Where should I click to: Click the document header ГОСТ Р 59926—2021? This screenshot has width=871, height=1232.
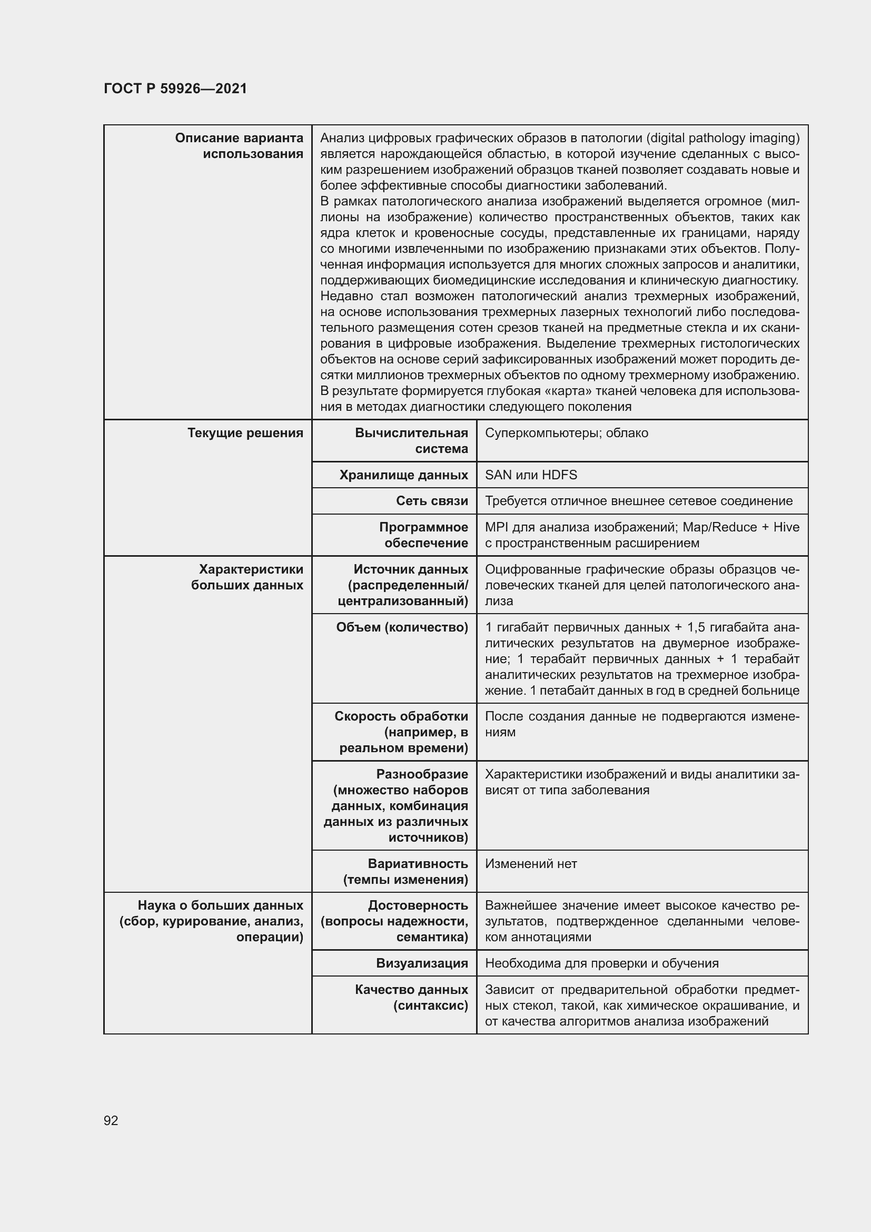tap(175, 88)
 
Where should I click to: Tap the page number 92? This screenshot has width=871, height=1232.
tap(111, 1120)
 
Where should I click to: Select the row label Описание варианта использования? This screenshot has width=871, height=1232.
tap(239, 146)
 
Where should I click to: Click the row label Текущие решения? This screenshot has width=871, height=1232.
tap(245, 433)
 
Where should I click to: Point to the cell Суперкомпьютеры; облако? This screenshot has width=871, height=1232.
tap(567, 433)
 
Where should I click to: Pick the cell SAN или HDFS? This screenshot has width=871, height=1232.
tap(531, 475)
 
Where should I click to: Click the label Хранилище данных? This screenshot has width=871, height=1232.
tap(403, 475)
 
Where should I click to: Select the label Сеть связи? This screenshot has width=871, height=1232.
tap(432, 500)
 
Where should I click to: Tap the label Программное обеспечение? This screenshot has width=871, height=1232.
tap(423, 535)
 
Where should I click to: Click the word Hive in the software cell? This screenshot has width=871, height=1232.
tap(786, 527)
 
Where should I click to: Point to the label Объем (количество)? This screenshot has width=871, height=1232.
tap(402, 627)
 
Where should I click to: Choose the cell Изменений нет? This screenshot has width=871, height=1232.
tap(531, 863)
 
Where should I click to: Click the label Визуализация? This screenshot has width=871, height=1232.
tap(422, 963)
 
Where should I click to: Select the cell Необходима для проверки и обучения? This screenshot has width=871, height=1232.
tap(602, 963)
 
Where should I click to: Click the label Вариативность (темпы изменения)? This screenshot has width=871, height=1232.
tap(405, 871)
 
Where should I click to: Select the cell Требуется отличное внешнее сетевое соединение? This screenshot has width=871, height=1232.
tap(639, 500)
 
